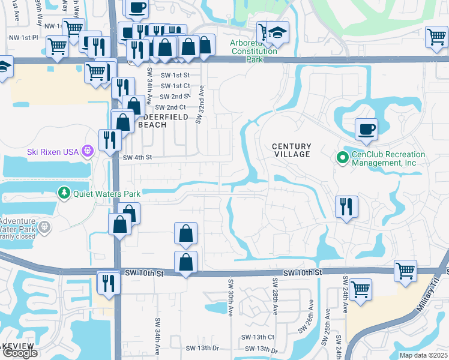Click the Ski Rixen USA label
click(x=53, y=151)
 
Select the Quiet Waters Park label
click(x=107, y=193)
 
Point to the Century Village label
click(x=292, y=150)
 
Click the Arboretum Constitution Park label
click(x=254, y=47)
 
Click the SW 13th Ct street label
click(x=259, y=337)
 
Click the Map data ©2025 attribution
click(x=423, y=355)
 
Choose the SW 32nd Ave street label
click(x=200, y=103)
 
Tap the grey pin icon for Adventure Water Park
click(x=44, y=227)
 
